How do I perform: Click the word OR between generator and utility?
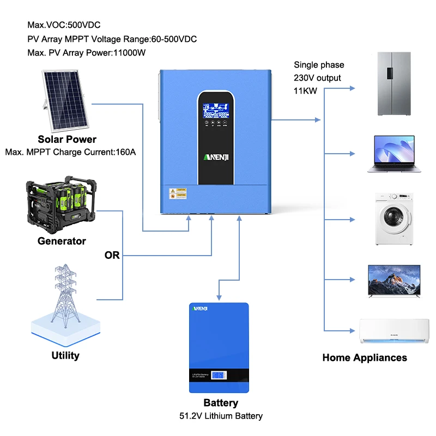112,255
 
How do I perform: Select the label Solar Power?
67,140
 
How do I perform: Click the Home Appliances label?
365,358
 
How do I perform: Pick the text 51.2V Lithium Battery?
221,416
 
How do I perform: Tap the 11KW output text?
305,91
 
